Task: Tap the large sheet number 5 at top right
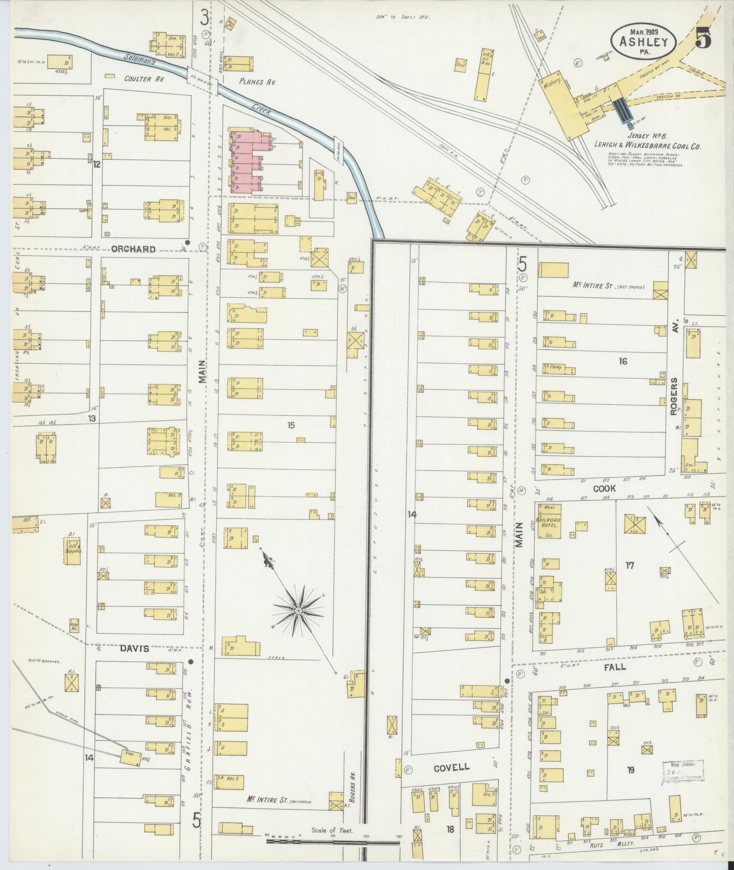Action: tap(704, 40)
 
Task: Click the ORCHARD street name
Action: tap(133, 249)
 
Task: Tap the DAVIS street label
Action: tap(135, 649)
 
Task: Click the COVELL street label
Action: tap(451, 768)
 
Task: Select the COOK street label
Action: tap(604, 488)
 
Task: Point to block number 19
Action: tap(630, 770)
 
